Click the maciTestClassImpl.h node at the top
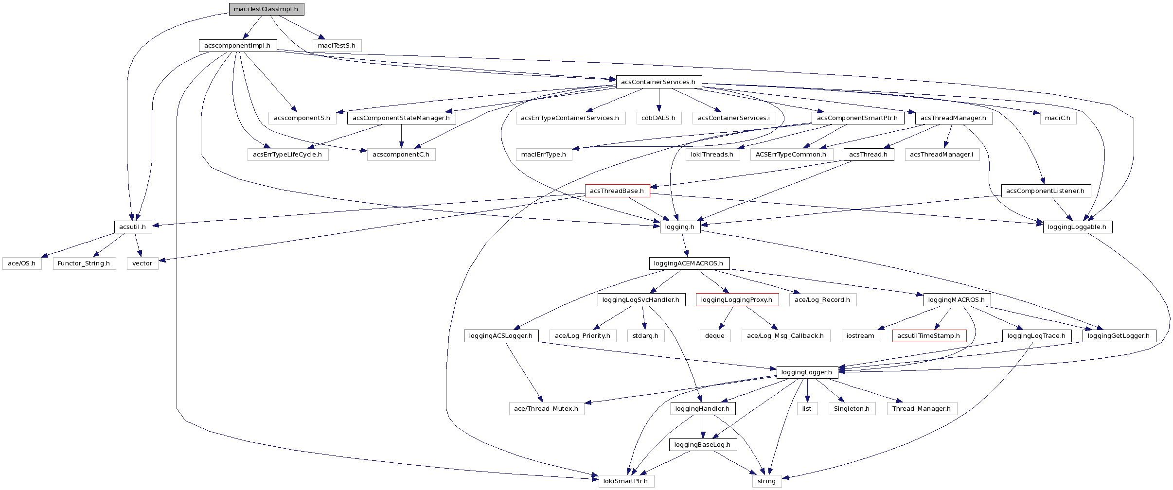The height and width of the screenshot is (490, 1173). (266, 9)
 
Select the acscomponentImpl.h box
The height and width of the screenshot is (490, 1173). (237, 46)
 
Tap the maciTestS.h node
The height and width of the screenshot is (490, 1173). (337, 46)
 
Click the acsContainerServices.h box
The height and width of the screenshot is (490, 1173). (658, 82)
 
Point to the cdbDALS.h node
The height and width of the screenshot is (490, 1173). (658, 118)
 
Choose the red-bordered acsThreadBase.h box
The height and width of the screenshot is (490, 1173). (617, 191)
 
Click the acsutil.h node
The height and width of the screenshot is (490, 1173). (132, 227)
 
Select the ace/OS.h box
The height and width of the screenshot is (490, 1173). (22, 263)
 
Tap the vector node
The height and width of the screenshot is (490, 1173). (142, 263)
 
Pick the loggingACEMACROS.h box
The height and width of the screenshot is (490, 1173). (689, 263)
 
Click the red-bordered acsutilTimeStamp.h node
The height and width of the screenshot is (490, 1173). (928, 336)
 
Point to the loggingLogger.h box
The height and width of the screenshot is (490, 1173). (807, 372)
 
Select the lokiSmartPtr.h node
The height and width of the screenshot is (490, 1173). (625, 481)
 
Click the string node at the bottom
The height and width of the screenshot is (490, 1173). (766, 481)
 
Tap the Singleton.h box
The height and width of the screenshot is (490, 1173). (852, 409)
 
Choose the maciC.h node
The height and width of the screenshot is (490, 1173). (1058, 118)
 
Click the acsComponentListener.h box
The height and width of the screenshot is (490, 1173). (1045, 191)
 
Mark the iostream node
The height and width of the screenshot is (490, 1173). (860, 336)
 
